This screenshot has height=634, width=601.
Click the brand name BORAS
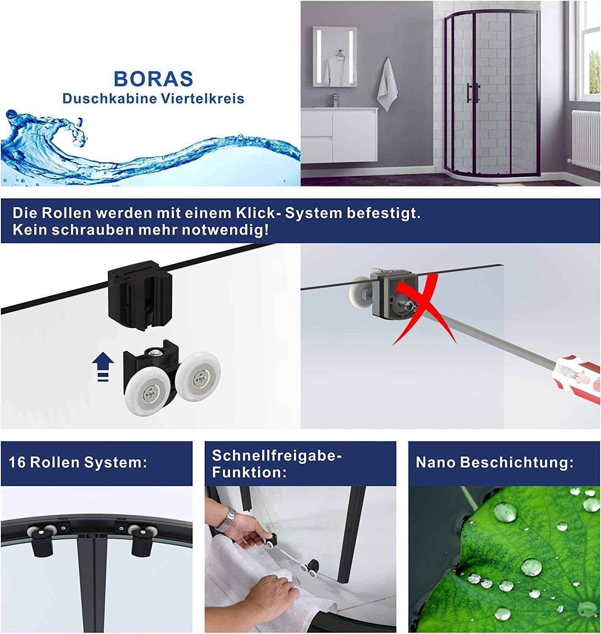coord(153,78)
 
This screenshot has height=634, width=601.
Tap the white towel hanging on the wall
coord(387,85)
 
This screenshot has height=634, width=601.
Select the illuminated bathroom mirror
coord(335,57)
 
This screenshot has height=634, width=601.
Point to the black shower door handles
coord(473,93)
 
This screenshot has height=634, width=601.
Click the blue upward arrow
coord(103,366)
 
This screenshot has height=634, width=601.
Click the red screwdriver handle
coord(576,374)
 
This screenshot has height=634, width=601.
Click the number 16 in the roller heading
coord(17,462)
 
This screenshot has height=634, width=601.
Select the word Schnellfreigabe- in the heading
coord(277,456)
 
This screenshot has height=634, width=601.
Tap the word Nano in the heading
coord(436,462)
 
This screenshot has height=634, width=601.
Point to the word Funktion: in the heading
coord(249,473)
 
